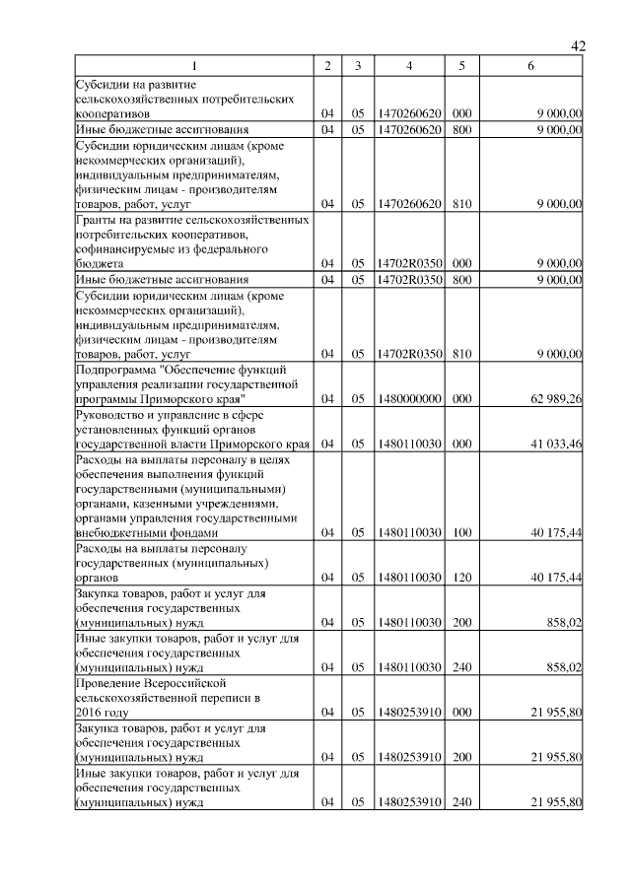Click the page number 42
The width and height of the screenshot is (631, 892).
(579, 46)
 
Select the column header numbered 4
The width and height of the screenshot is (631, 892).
(408, 66)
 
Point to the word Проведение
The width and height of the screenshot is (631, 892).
(109, 682)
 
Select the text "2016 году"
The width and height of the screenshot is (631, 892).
(103, 712)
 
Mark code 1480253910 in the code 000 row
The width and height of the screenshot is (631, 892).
(408, 712)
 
